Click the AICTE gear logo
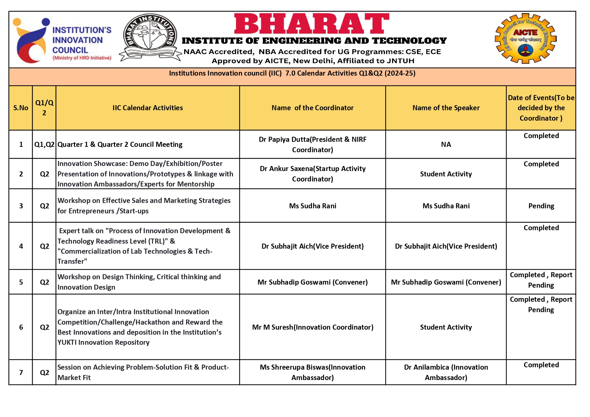525,39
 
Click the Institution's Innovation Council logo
62,40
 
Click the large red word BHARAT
311,24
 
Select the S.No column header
21,108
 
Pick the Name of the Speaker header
446,108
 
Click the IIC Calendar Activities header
148,108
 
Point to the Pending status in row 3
541,206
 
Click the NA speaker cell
446,144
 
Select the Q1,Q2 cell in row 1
44,144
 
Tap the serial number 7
21,372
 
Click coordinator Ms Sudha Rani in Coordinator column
313,206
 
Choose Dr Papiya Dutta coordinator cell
313,144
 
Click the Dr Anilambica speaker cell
446,372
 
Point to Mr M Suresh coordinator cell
313,327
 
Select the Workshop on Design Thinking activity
139,282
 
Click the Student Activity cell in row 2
446,174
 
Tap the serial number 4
21,246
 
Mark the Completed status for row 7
541,365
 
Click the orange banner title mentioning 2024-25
292,73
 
